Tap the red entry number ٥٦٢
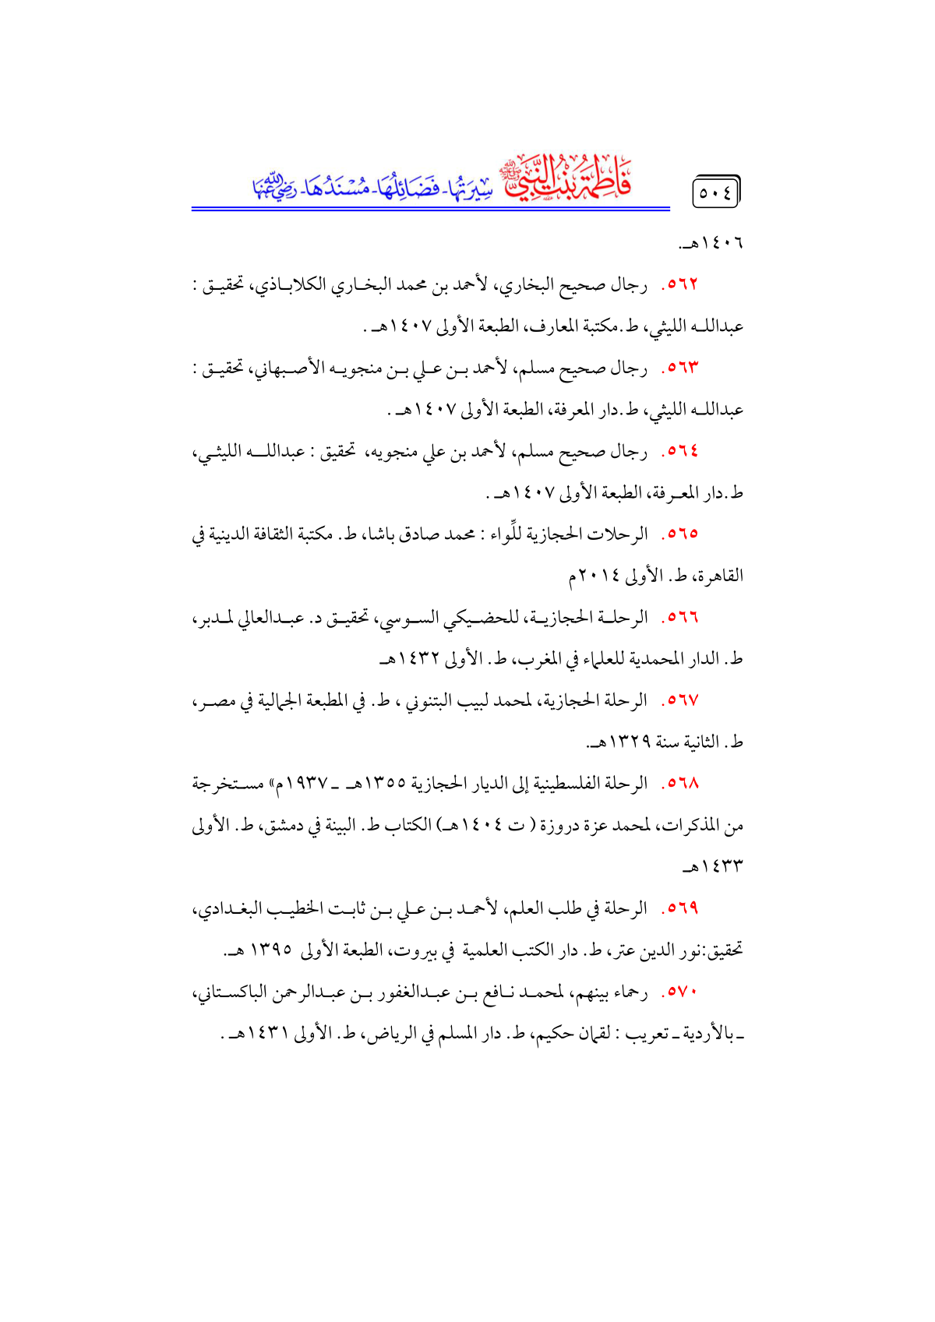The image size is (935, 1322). pos(681,285)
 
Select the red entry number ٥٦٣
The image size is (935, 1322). pos(681,368)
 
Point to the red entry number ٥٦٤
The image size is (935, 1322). pos(681,451)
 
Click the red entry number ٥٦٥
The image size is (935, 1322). pos(681,534)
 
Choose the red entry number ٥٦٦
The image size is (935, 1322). pos(681,618)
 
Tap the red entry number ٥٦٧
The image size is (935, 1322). pos(681,700)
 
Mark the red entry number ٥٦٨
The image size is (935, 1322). pos(681,784)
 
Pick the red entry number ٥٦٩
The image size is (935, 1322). pos(681,908)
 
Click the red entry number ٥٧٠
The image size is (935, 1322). pos(681,992)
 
